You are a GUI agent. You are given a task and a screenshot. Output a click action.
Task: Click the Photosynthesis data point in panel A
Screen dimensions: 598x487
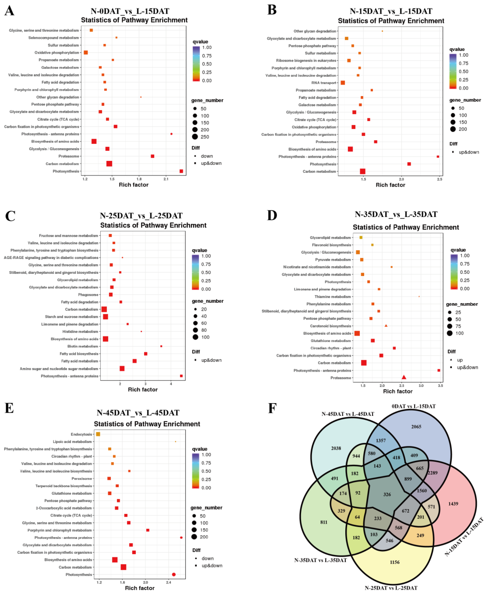point(181,171)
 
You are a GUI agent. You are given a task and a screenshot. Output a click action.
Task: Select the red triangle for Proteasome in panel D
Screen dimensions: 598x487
point(404,377)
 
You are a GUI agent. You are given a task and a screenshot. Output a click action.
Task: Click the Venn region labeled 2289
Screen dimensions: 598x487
point(432,473)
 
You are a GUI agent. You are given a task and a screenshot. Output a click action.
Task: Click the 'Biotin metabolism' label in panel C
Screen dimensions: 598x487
point(83,346)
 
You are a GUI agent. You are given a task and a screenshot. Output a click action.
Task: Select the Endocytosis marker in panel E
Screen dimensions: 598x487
point(98,434)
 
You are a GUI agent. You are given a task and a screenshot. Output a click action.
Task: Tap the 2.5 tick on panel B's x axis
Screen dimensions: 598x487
point(440,179)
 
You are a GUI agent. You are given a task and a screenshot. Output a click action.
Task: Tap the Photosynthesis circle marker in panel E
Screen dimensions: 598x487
point(174,575)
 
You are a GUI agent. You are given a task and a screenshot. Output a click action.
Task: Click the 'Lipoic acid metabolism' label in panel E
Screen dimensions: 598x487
point(72,442)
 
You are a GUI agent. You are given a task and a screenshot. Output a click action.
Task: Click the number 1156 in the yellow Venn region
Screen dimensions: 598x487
point(394,562)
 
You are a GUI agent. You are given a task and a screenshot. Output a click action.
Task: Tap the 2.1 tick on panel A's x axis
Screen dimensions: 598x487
point(166,179)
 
